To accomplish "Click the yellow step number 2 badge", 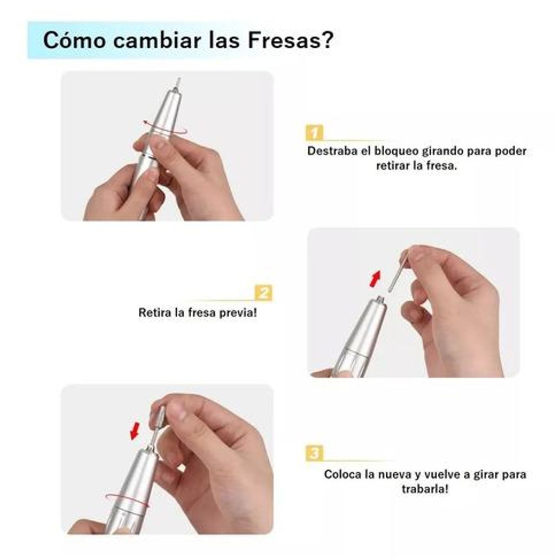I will tap(264, 293).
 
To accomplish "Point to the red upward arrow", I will tap(375, 279).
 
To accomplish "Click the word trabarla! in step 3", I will tap(425, 489).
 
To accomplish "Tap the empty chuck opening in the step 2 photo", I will tap(380, 299).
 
